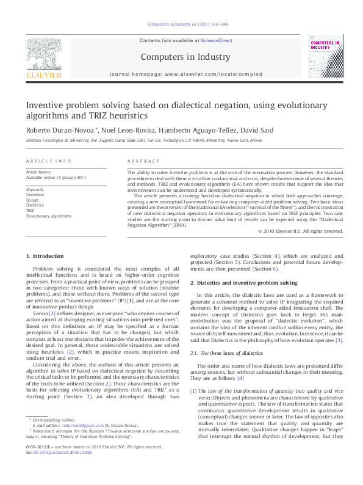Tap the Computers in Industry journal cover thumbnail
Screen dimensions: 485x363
[325, 56]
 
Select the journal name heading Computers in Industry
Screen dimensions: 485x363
[185, 57]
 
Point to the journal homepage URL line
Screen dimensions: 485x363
[186, 73]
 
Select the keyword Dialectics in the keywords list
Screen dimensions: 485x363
[35, 205]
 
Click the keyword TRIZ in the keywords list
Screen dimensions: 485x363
[31, 210]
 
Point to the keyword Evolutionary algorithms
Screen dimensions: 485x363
[49, 216]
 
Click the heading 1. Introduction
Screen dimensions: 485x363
[47, 256]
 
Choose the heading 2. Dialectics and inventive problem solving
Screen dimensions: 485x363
[243, 283]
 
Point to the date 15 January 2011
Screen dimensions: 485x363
[70, 177]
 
